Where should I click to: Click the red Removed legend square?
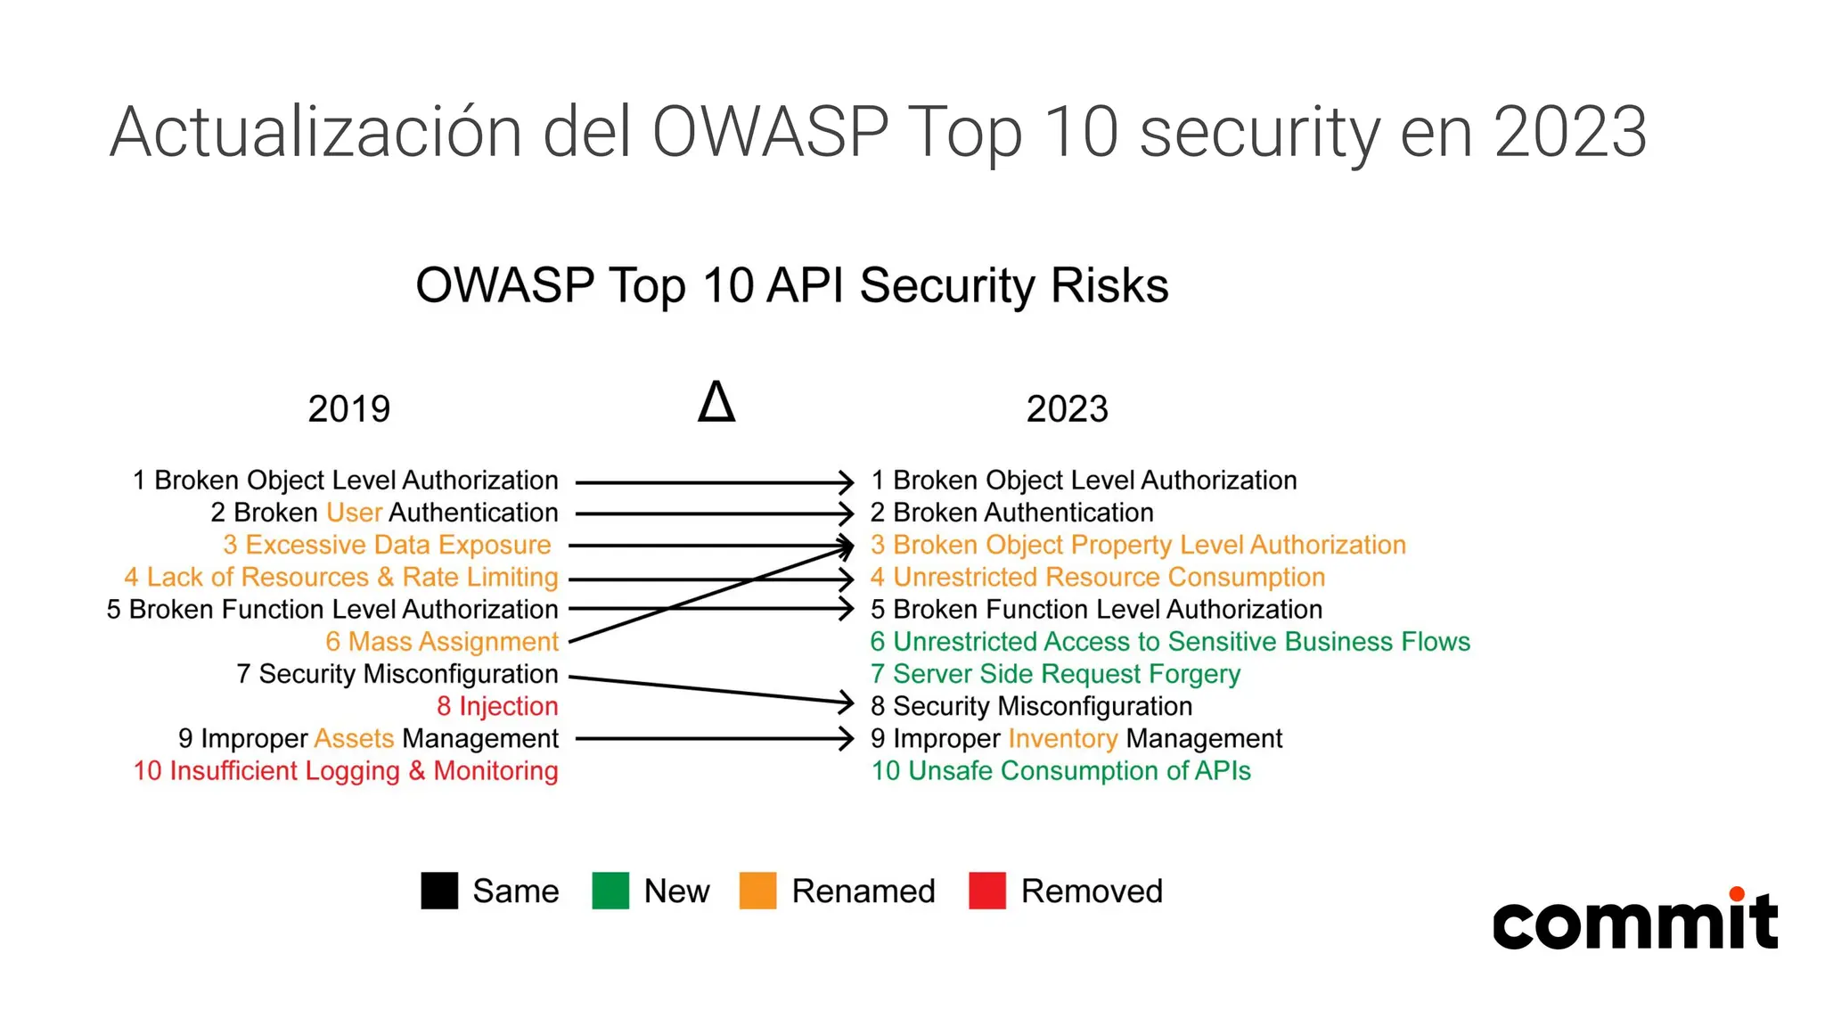point(986,891)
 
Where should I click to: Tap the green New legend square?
point(610,891)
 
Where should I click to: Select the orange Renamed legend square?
point(757,891)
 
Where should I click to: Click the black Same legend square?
point(439,891)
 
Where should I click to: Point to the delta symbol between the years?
point(716,402)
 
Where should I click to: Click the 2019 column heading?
point(348,409)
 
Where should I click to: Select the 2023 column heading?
point(1067,409)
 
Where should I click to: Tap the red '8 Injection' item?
point(496,706)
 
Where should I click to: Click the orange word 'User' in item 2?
point(354,513)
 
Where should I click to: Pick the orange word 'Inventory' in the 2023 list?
point(1062,739)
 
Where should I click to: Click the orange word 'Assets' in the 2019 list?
point(354,739)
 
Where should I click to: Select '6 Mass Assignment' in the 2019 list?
point(441,642)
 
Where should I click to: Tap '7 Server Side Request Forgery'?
point(1055,674)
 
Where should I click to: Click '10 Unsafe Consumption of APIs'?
point(1060,771)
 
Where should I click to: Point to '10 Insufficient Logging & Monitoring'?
point(346,771)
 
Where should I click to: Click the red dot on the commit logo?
point(1736,894)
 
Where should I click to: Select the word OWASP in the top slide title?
point(770,132)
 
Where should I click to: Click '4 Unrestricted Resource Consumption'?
point(1098,578)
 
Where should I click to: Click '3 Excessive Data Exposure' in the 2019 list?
point(387,545)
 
